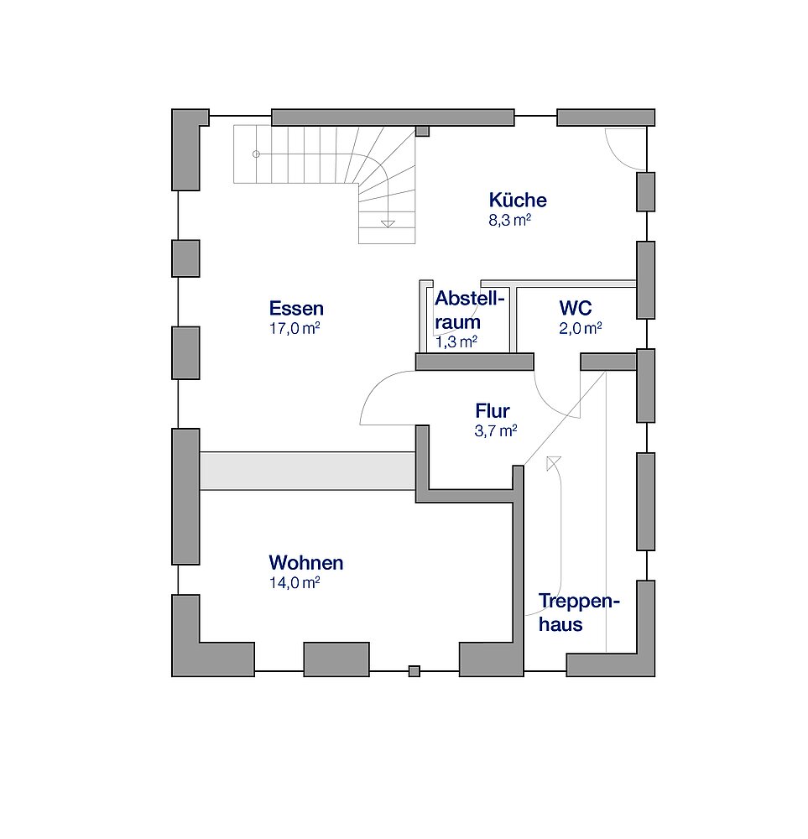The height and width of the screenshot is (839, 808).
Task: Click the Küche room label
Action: pyautogui.click(x=518, y=201)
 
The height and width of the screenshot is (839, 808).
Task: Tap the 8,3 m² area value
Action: pyautogui.click(x=509, y=220)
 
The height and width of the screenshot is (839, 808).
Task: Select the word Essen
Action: pyautogui.click(x=296, y=309)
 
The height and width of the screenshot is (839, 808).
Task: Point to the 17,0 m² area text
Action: pyautogui.click(x=295, y=329)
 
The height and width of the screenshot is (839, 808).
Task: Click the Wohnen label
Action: pyautogui.click(x=306, y=563)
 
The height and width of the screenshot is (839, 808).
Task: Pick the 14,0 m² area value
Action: pyautogui.click(x=295, y=583)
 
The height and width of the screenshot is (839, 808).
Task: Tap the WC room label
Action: pyautogui.click(x=576, y=308)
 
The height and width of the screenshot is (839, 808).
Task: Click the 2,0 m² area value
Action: pyautogui.click(x=580, y=328)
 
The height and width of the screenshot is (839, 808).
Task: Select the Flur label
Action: pyautogui.click(x=493, y=411)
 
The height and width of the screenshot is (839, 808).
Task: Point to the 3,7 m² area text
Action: pyautogui.click(x=496, y=430)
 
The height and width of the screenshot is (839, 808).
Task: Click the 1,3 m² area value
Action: pyautogui.click(x=456, y=342)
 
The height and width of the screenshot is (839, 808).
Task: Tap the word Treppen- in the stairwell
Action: pyautogui.click(x=579, y=602)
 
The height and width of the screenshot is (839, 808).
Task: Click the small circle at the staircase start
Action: pyautogui.click(x=256, y=154)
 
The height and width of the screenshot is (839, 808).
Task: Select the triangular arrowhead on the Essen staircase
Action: pyautogui.click(x=388, y=224)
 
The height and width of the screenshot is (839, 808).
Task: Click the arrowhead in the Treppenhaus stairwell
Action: pyautogui.click(x=553, y=463)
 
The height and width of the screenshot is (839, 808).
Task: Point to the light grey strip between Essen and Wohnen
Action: pyautogui.click(x=308, y=471)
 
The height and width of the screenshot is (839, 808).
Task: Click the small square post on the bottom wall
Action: pyautogui.click(x=414, y=671)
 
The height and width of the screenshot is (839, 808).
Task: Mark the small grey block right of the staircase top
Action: pyautogui.click(x=423, y=131)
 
